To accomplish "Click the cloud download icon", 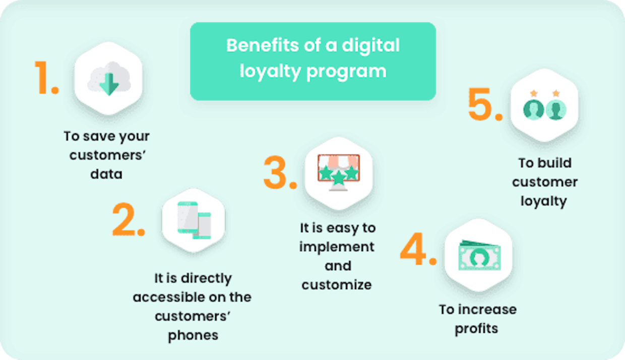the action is coord(109,79).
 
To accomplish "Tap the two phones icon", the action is coord(194,220).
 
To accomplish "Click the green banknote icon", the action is coord(479,255).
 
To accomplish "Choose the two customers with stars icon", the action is coord(545,105).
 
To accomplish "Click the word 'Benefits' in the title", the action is coord(262,45).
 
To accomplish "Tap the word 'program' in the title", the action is coord(347,72).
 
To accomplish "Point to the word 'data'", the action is coord(106,174).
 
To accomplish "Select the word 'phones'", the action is coord(193,335).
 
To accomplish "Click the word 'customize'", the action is coord(337,285).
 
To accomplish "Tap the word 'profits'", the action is coord(477,329).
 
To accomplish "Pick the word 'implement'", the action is coord(337,247).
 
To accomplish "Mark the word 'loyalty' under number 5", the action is coord(544,201).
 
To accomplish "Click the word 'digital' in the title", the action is coord(371,46).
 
